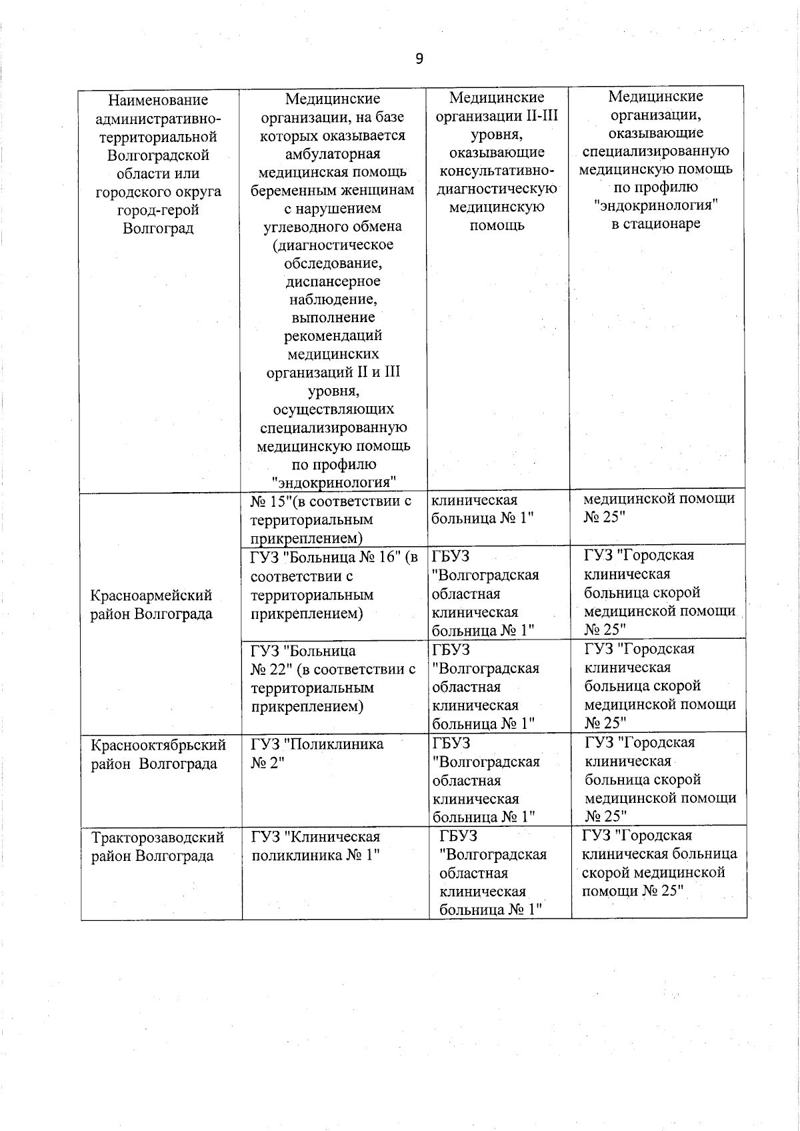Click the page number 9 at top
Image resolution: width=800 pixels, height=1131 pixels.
click(419, 59)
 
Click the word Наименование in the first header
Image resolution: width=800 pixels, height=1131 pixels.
click(158, 101)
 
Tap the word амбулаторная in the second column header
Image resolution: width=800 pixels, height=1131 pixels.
click(333, 154)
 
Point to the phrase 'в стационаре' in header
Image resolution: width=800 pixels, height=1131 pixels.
click(656, 223)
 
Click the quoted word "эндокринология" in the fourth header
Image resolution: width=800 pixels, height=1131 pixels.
click(656, 205)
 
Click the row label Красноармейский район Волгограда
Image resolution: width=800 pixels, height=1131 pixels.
click(151, 604)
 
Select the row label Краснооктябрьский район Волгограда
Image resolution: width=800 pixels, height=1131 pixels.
click(158, 754)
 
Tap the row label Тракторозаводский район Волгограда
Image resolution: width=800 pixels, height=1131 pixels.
click(157, 846)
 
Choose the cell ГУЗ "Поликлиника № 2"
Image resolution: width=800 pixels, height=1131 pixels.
click(317, 754)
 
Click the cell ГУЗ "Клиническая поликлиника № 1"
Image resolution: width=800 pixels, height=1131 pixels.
click(315, 846)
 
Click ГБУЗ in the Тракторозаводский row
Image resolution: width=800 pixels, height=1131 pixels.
click(459, 836)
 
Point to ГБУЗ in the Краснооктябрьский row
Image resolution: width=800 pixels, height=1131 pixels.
click(451, 744)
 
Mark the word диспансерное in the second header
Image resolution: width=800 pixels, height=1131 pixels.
click(333, 281)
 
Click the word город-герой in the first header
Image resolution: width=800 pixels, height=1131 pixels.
click(158, 210)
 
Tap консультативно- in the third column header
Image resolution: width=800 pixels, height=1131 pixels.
click(497, 171)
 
